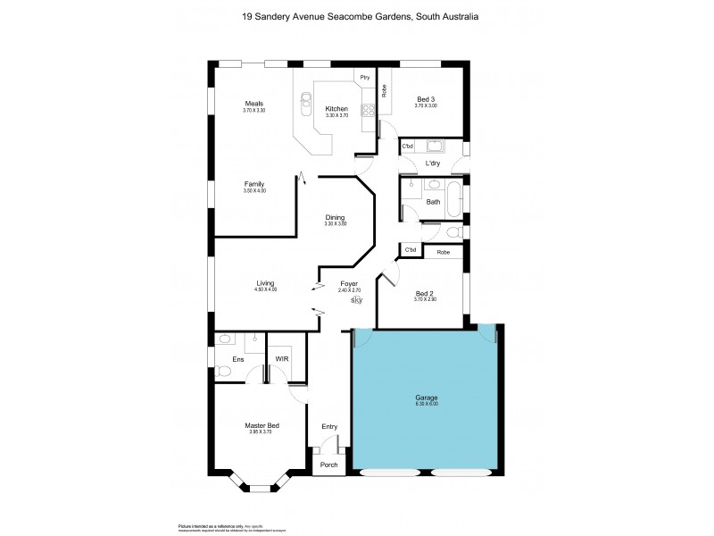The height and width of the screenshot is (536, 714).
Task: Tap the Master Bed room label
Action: [262, 426]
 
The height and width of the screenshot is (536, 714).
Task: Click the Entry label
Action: [329, 426]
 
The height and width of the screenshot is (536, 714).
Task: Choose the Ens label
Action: [238, 359]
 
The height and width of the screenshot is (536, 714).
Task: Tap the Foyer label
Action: [348, 284]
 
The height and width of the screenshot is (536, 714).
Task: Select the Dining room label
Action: [335, 217]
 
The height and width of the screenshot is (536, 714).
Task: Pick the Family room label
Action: [255, 184]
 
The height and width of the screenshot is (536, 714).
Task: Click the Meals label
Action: [253, 104]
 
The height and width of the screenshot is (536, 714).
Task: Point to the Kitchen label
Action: [336, 109]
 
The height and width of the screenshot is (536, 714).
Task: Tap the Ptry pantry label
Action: [364, 78]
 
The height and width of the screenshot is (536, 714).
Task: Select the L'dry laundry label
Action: [433, 163]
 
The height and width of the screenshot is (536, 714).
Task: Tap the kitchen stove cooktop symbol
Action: [367, 111]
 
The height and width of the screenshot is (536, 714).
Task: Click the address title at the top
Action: [357, 16]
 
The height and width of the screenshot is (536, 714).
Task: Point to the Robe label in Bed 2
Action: [444, 253]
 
